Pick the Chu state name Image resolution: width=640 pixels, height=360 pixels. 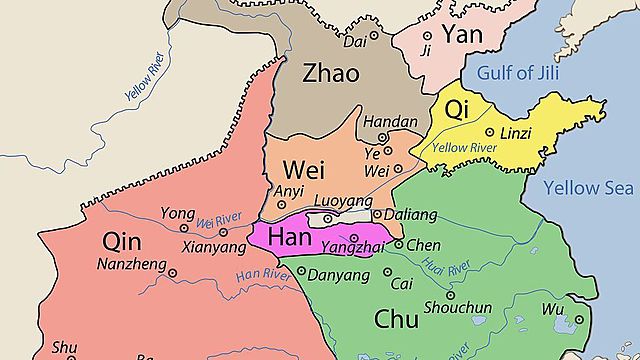pos(396,318)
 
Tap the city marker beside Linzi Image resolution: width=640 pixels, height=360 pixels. pos(489,132)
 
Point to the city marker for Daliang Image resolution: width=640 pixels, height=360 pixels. pos(375,214)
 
